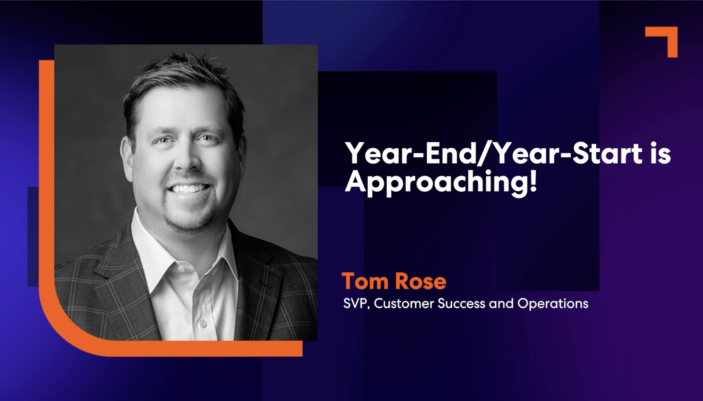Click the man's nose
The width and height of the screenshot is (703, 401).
pyautogui.click(x=185, y=160)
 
